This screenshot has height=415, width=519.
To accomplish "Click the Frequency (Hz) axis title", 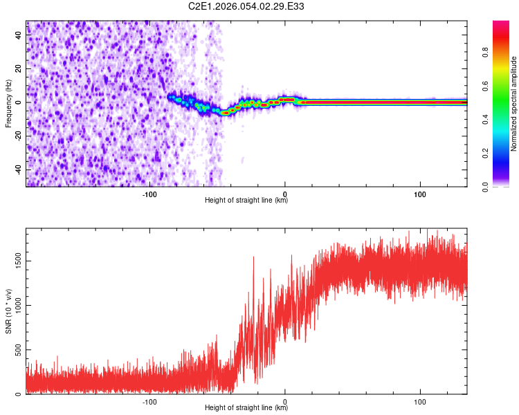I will [8, 103].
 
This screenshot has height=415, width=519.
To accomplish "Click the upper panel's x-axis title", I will [246, 201].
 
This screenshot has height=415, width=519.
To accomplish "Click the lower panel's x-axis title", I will [246, 408].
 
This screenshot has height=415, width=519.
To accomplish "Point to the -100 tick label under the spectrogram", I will [150, 194].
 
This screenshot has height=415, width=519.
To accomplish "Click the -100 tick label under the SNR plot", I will [150, 401].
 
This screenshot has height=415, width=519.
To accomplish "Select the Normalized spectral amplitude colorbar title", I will [514, 103].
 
